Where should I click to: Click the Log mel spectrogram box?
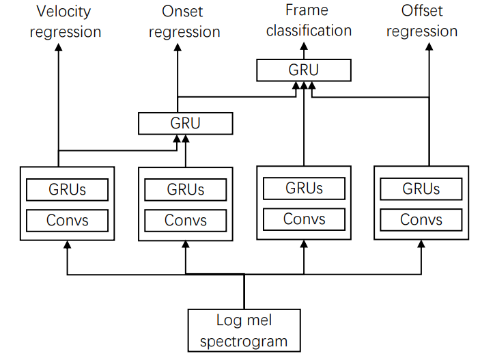[244, 331]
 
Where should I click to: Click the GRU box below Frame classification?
[303, 70]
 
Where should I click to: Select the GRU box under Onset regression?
[185, 124]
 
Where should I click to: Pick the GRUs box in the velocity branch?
[67, 189]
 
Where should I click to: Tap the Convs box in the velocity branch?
[67, 220]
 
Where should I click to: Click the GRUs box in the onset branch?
[185, 189]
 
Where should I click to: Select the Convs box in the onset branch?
[185, 220]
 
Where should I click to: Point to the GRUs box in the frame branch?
[304, 188]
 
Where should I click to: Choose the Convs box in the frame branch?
[304, 219]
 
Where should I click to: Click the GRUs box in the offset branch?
[421, 189]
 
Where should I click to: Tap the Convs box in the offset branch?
[421, 220]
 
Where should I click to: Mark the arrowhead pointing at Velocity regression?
[58, 50]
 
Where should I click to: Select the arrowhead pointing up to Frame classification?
[303, 49]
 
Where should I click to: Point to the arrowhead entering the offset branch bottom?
[421, 245]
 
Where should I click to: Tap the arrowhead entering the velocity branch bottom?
[67, 245]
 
